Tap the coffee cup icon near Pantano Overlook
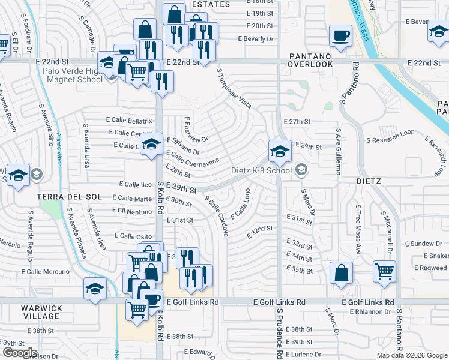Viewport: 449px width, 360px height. coord(340,36)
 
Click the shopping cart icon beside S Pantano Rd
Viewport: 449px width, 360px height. coord(384,271)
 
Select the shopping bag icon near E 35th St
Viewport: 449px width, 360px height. coord(341,272)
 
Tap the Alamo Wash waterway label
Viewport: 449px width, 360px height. coord(59,149)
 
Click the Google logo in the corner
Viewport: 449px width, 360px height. coord(20,353)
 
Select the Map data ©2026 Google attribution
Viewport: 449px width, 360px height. coord(412,355)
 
